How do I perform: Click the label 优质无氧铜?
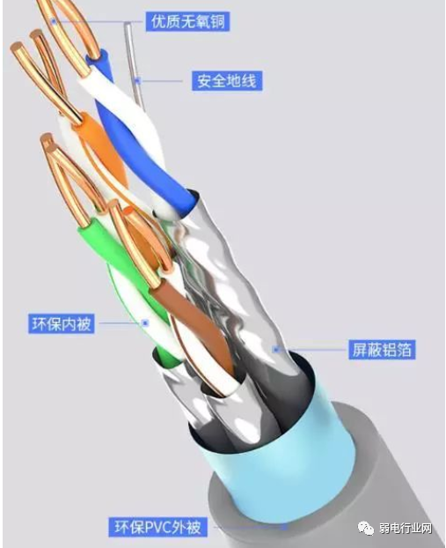187,22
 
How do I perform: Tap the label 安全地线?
227,81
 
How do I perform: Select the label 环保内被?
62,323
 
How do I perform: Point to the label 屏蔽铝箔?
382,349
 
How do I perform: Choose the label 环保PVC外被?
157,527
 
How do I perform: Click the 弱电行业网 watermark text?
406,528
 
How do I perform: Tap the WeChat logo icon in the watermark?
366,528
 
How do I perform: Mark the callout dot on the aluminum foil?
276,349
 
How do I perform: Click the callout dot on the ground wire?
137,81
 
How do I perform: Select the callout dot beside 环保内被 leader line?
145,323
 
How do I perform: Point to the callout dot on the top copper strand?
54,22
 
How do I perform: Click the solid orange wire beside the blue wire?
101,147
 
